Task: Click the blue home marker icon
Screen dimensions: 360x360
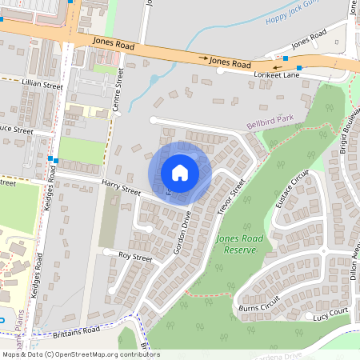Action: [180, 173]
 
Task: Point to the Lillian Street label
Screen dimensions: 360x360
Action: [42, 83]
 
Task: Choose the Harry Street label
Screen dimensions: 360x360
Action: [121, 189]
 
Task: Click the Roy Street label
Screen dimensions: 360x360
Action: [134, 258]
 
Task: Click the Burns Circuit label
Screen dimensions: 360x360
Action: [259, 303]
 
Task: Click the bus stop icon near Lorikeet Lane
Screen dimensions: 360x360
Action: [298, 68]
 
